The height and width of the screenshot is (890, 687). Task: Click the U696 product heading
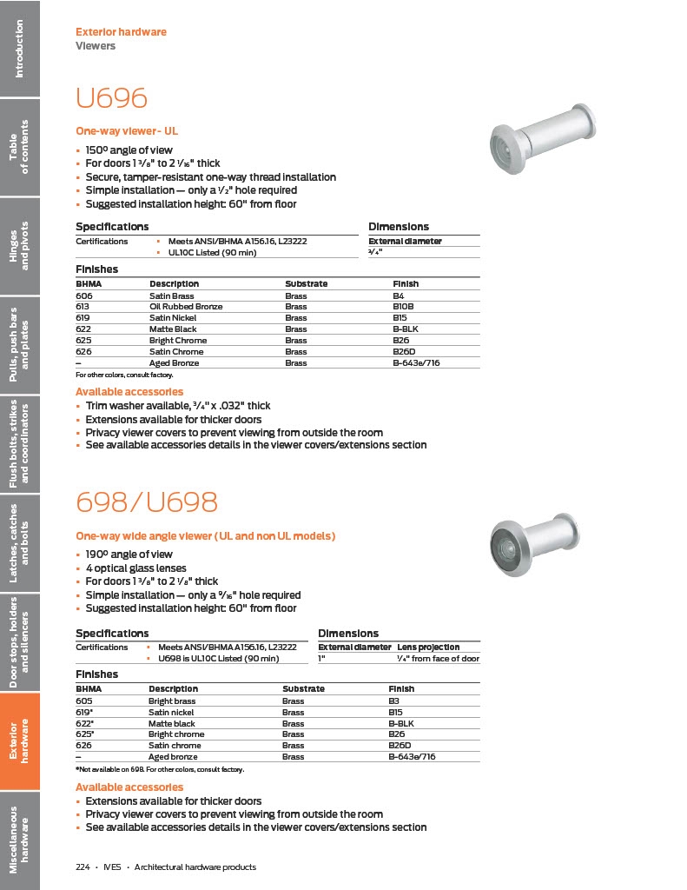(111, 97)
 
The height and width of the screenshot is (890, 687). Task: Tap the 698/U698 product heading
(146, 501)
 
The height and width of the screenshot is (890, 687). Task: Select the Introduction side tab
(19, 49)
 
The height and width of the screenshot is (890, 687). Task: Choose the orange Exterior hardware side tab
(19, 741)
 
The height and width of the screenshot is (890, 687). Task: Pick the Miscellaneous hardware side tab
(19, 840)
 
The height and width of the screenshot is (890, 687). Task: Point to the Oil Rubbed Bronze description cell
(186, 307)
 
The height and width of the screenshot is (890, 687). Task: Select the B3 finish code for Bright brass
(394, 701)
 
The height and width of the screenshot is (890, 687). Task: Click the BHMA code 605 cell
(84, 701)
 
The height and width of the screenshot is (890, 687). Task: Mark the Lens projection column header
(428, 647)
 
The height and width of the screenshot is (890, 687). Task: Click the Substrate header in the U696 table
(306, 284)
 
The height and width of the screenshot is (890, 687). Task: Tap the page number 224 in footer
(83, 867)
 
